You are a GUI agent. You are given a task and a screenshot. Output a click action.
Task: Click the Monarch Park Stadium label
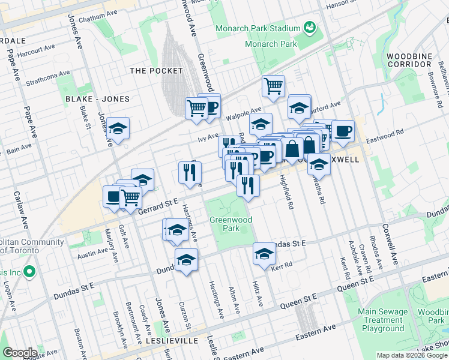(258, 29)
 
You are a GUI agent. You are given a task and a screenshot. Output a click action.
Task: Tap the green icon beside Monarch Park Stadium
(310, 27)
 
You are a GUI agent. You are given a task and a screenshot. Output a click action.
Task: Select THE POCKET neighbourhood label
(156, 71)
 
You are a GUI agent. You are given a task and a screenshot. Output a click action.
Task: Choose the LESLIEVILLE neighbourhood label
(174, 340)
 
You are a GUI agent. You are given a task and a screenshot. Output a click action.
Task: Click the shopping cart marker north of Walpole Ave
(273, 86)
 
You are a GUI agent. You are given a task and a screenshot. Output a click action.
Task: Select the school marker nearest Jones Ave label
(118, 128)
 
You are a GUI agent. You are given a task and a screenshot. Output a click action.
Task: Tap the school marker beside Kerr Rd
(264, 253)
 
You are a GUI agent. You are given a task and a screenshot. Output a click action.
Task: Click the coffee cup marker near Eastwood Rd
(343, 131)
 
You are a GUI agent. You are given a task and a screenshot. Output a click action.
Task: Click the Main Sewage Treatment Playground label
(382, 320)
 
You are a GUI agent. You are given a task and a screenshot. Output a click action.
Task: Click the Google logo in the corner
(20, 353)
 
